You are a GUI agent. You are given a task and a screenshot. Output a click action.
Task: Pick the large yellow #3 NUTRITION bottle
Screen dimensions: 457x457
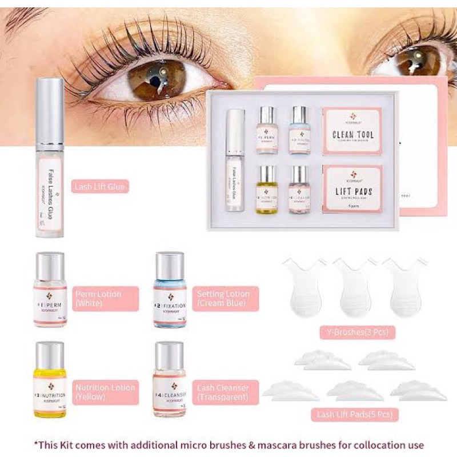(x=50, y=380)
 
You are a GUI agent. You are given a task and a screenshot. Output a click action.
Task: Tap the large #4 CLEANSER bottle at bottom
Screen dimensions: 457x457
(x=170, y=380)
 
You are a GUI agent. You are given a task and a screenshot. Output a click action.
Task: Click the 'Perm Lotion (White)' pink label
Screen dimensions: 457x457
(x=105, y=299)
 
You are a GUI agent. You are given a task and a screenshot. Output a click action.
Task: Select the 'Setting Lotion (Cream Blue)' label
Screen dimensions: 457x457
(x=225, y=299)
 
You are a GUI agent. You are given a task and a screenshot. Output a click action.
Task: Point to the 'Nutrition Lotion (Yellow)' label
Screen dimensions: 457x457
(x=105, y=392)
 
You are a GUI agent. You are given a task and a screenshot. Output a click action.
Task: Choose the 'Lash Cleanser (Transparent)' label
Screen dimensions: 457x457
(x=225, y=392)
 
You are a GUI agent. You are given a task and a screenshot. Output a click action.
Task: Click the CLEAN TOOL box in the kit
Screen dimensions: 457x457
(x=352, y=131)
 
